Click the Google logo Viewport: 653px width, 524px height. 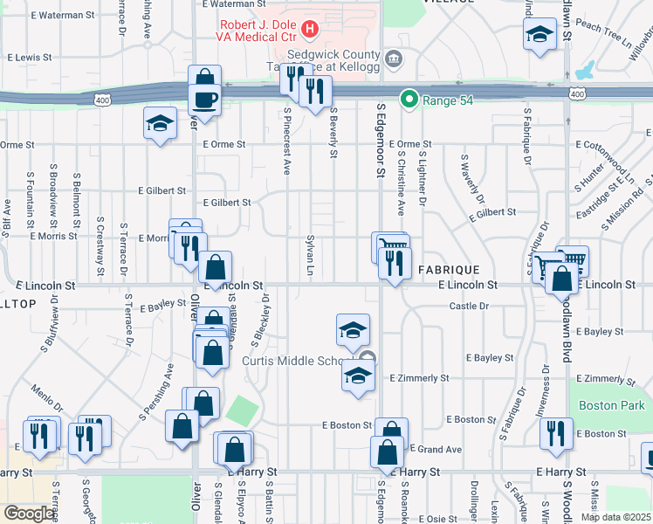(x=30, y=514)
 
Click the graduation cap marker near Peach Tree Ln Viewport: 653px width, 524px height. (x=540, y=35)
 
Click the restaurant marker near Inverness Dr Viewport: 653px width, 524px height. (x=556, y=432)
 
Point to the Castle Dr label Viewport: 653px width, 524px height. (x=468, y=306)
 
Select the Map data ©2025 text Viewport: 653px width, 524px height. (x=615, y=516)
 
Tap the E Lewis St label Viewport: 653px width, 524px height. (x=30, y=57)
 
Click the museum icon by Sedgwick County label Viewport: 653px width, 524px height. (x=394, y=59)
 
